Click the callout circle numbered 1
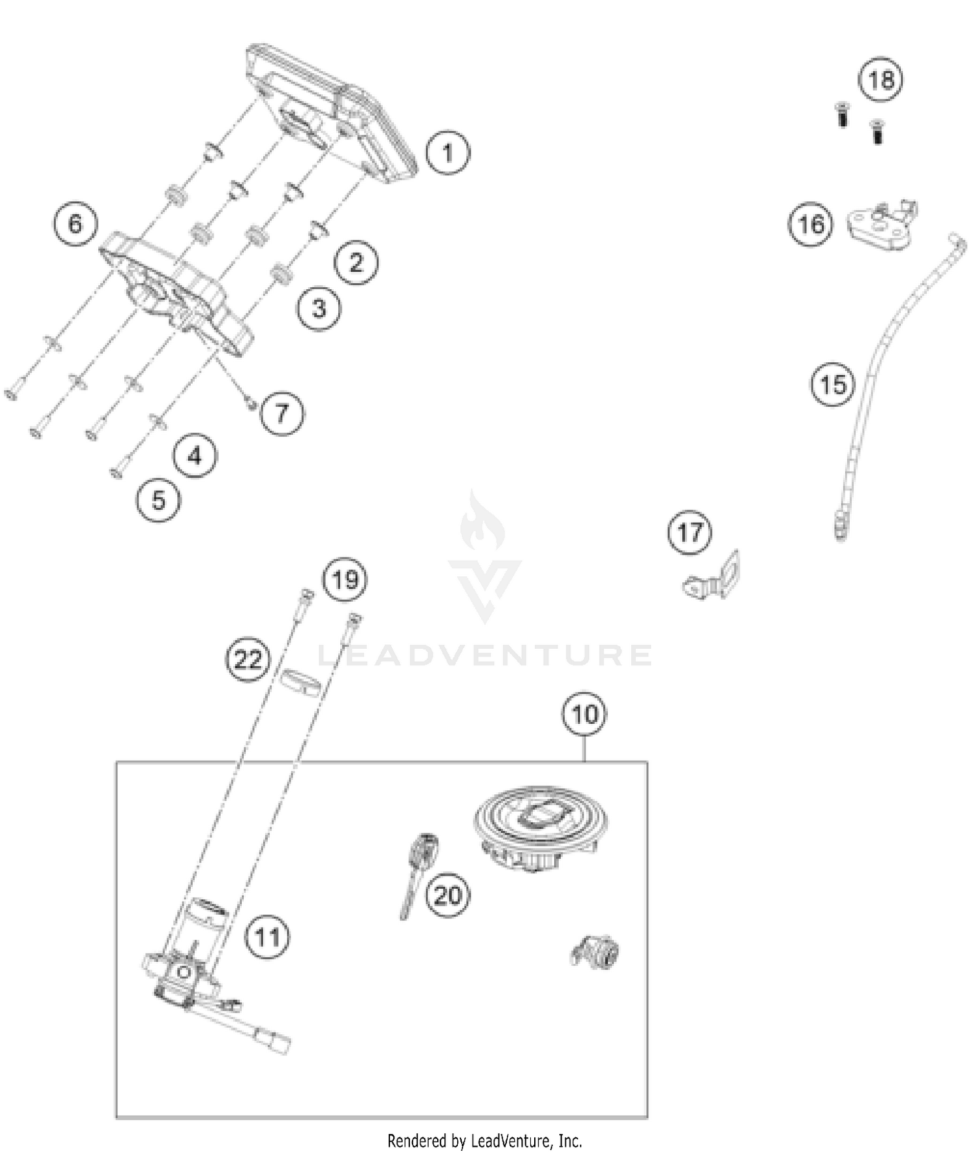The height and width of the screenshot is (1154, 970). pos(447,153)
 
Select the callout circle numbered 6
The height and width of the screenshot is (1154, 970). pos(75,224)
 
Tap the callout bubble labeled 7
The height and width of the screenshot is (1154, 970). pos(282,413)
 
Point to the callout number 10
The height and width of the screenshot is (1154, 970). pos(585,714)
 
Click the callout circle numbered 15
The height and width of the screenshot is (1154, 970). pos(832,385)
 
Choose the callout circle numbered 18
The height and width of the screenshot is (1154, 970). pos(880,80)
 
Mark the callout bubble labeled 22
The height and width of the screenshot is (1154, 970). pos(247,660)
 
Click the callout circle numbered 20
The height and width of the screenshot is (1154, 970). pos(447,896)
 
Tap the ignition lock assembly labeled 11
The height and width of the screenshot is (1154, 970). pos(188,970)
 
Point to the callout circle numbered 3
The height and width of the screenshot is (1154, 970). pos(319,309)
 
